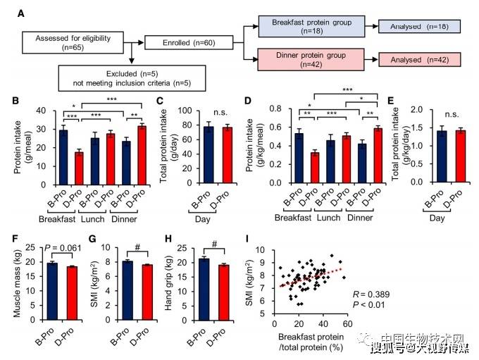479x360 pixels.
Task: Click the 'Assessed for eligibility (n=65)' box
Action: [73, 42]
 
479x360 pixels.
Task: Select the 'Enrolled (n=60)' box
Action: [189, 42]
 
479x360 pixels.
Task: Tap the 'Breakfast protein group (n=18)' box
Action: [311, 27]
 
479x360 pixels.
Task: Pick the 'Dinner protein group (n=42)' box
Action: [311, 60]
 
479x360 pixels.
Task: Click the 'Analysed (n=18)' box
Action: [419, 27]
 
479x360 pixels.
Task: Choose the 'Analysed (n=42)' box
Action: [420, 60]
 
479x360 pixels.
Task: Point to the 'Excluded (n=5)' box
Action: [132, 78]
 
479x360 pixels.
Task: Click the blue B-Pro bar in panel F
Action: [53, 291]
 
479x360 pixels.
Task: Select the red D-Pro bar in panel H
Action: [224, 292]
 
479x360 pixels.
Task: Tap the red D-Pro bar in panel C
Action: [228, 155]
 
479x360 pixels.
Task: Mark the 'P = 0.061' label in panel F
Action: [63, 248]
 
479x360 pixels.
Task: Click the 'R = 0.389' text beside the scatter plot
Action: [371, 294]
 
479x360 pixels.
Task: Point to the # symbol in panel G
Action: [137, 247]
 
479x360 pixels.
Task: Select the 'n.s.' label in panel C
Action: [220, 113]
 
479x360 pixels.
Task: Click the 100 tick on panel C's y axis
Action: [185, 111]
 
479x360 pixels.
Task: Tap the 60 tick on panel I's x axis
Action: [348, 323]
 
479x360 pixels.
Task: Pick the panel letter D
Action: [248, 100]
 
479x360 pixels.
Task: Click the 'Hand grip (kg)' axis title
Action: [168, 283]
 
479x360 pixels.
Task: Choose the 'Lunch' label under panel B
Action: [92, 219]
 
